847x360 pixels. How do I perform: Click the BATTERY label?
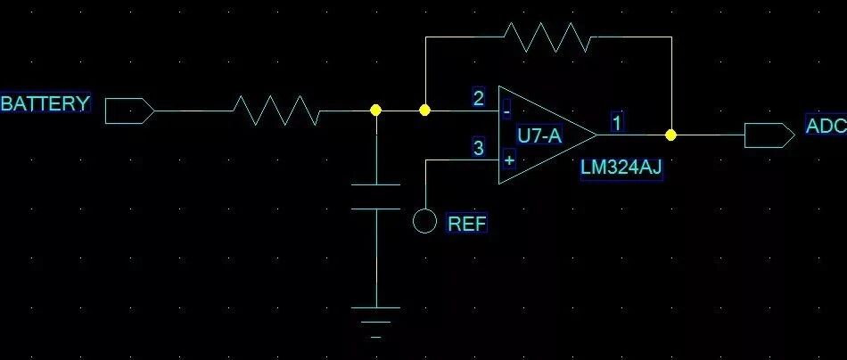(x=45, y=103)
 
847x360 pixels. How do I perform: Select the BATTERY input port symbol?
(x=129, y=110)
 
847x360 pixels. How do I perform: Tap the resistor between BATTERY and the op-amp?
(x=276, y=110)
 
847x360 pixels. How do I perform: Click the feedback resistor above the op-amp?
(x=547, y=37)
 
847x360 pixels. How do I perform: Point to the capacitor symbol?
(x=376, y=196)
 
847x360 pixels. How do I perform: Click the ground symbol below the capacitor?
(x=376, y=323)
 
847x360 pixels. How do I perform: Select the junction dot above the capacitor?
(x=376, y=110)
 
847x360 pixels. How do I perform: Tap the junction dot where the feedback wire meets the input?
(x=425, y=110)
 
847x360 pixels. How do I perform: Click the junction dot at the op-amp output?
(x=670, y=135)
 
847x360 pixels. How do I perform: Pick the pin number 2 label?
(x=479, y=99)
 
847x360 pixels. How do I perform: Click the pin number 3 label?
(x=479, y=148)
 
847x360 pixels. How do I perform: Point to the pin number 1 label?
(x=617, y=122)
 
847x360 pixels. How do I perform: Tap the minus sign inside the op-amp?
(x=506, y=112)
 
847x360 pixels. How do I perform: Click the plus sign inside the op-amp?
(x=509, y=160)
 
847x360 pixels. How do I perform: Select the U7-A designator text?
(x=539, y=136)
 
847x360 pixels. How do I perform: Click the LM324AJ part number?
(x=621, y=168)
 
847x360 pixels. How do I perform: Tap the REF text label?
(x=467, y=224)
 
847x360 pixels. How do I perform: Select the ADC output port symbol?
(x=769, y=135)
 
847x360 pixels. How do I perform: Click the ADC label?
(x=826, y=126)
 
